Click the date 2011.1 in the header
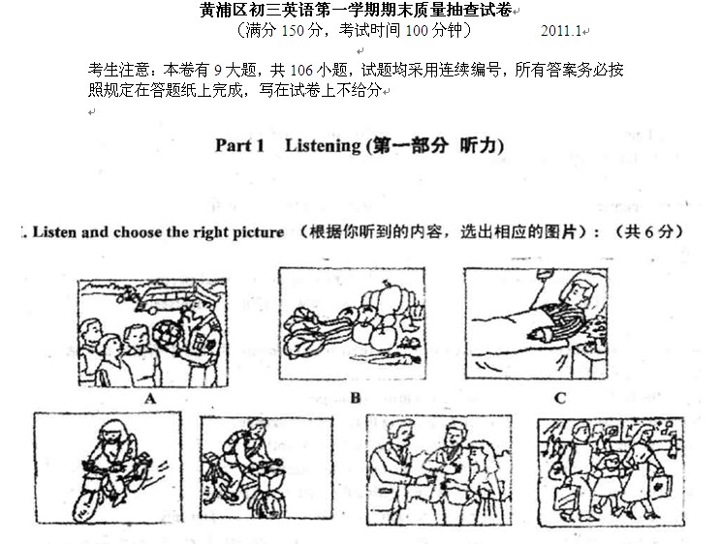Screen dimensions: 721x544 point(561,31)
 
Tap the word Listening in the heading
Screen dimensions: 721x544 point(323,145)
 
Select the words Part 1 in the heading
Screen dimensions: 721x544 point(239,145)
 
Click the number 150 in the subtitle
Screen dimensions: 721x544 point(293,30)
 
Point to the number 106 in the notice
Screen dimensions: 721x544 point(301,70)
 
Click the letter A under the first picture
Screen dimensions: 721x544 point(150,399)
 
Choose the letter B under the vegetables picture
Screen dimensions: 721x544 point(355,398)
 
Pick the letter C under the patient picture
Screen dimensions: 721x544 point(559,398)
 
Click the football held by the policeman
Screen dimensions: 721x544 point(165,336)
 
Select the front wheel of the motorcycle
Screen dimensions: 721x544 point(86,506)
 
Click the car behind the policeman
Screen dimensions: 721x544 point(159,299)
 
